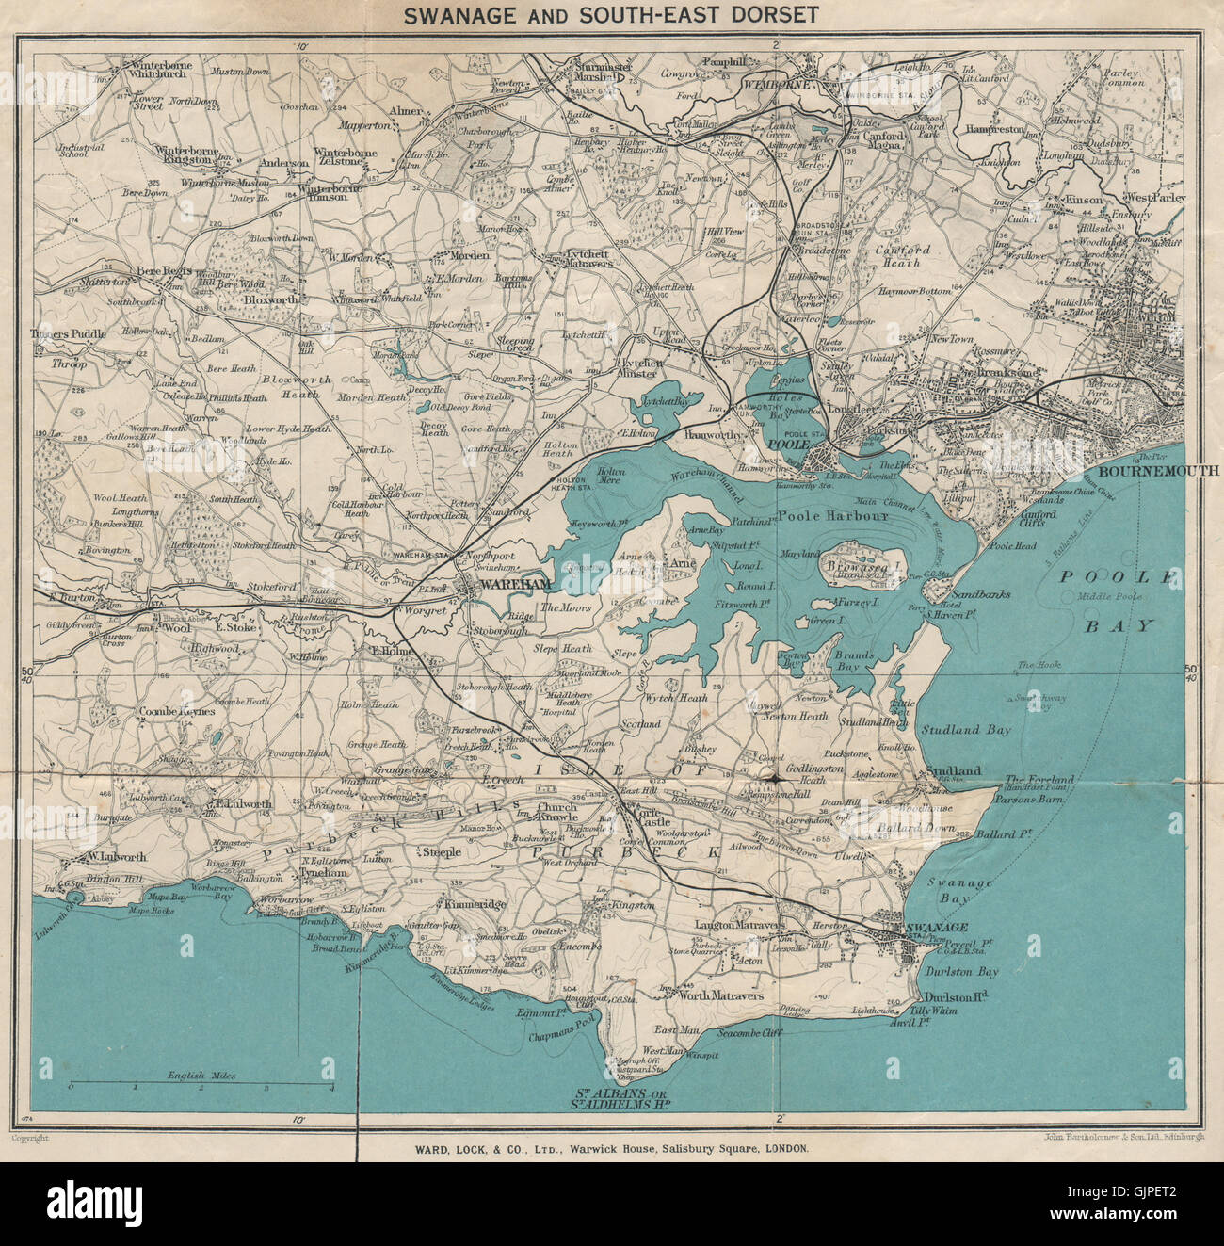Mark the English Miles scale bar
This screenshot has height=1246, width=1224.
pyautogui.click(x=201, y=1086)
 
